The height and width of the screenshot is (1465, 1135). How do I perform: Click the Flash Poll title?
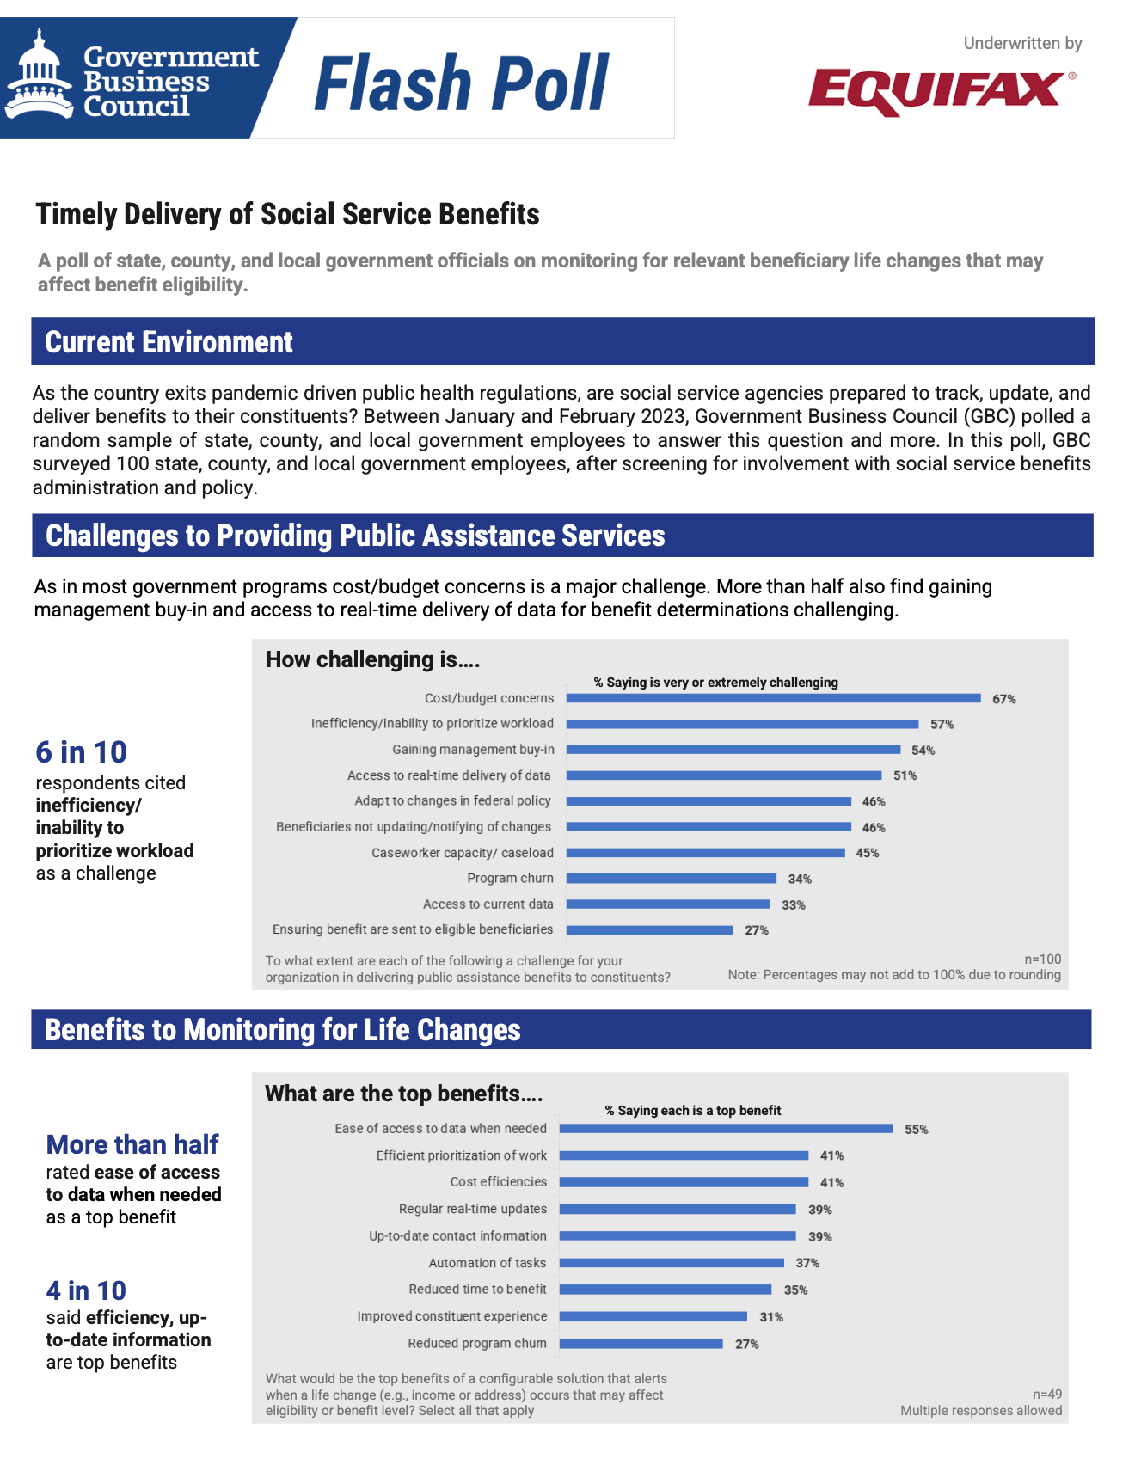pos(462,83)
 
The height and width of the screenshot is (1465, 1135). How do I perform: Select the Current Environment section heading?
pos(169,342)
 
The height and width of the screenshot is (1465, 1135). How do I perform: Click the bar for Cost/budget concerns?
pos(774,698)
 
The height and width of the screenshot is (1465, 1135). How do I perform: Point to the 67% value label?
pos(1004,699)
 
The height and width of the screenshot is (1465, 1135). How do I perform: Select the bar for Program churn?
pos(672,879)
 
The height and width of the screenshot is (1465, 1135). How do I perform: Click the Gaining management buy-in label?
pos(473,750)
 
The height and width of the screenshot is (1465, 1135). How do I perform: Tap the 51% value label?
pos(905,775)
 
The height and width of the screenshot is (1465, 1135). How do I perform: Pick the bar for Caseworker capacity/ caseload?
pos(706,853)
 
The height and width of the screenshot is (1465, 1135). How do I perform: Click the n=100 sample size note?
pos(1043,959)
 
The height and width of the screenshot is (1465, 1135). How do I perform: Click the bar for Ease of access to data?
pos(727,1129)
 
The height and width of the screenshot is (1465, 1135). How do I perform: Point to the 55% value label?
pos(917,1130)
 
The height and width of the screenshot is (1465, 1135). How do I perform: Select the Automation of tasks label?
pos(488,1263)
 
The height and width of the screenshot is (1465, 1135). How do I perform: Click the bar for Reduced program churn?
pos(641,1344)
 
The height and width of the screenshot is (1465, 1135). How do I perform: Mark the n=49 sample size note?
pos(1047,1395)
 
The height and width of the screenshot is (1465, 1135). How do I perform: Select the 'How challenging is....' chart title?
pos(372,659)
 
